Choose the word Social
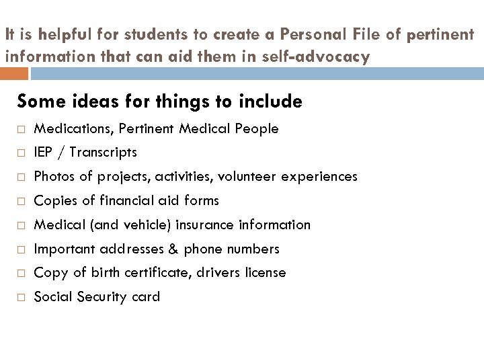point(52,297)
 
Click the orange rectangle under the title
point(14,73)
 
